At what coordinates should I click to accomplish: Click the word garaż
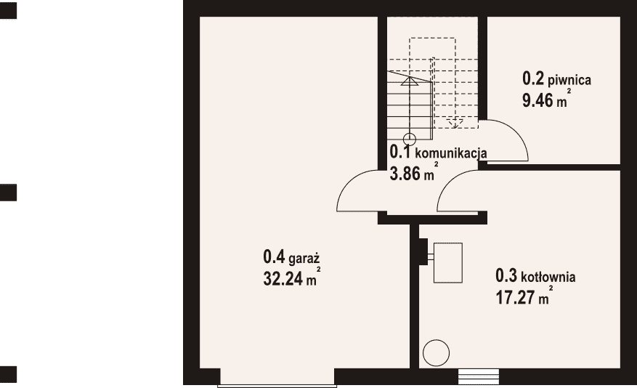pos(304,259)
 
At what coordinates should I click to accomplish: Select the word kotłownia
pos(548,277)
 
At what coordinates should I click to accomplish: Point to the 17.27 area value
pos(515,297)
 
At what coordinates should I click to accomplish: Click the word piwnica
pos(569,80)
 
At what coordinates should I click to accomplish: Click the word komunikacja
pos(451,153)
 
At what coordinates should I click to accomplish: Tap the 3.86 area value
pos(405,174)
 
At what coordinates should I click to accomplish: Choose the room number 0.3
pos(506,275)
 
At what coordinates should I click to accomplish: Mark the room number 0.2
pos(533,78)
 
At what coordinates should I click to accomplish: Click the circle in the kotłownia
pos(436,352)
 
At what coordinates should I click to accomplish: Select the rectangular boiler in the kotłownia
pos(447,262)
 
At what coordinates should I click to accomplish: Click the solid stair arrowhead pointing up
pos(410,81)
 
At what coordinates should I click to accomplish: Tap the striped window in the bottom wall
pos(478,376)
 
